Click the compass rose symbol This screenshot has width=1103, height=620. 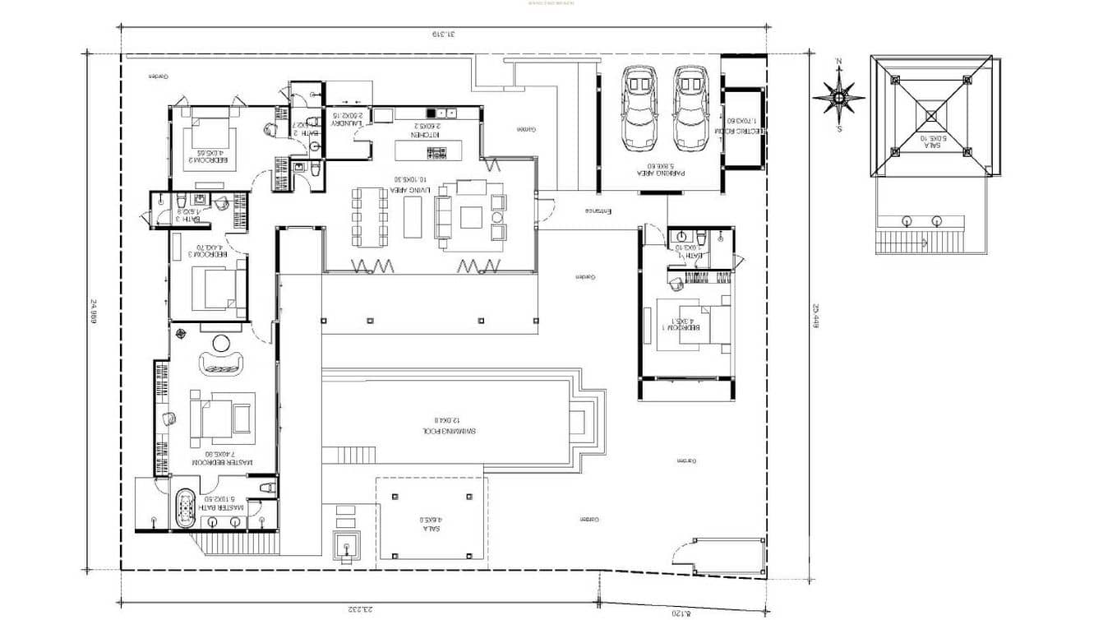click(x=838, y=97)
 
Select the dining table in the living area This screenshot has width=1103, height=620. click(x=370, y=217)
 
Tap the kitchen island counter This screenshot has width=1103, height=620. click(x=428, y=150)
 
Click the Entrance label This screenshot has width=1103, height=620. click(x=599, y=211)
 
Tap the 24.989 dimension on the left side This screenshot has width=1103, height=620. click(x=95, y=313)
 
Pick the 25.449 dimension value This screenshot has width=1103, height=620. click(x=816, y=316)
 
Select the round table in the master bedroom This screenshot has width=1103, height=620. click(x=222, y=343)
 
